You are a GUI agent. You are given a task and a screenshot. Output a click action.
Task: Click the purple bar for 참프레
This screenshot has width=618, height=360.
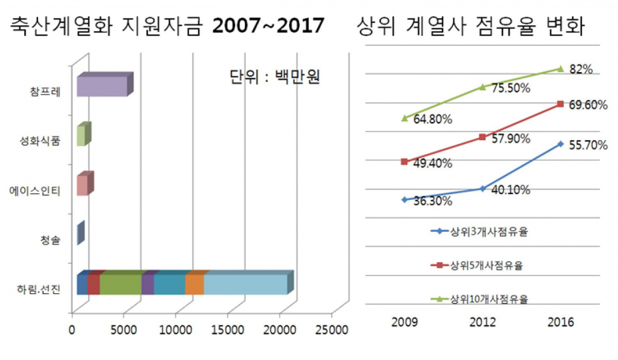click(x=102, y=86)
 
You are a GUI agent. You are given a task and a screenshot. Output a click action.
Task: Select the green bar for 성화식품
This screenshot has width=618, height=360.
click(x=81, y=136)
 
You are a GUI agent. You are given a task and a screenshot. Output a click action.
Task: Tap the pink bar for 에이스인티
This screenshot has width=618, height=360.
click(x=82, y=185)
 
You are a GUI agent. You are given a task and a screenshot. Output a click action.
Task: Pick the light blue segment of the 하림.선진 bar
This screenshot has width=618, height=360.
click(x=245, y=284)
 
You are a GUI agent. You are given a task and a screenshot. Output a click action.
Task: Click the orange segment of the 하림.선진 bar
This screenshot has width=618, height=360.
click(x=194, y=284)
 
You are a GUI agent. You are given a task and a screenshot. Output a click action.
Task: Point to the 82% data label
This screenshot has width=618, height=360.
click(x=581, y=69)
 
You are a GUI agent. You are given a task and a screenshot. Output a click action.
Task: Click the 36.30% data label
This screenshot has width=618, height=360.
click(x=433, y=201)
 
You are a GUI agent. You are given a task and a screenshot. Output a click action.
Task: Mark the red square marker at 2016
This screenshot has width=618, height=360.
click(x=560, y=104)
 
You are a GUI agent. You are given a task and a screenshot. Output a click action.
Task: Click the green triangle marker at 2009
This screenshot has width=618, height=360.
click(x=405, y=118)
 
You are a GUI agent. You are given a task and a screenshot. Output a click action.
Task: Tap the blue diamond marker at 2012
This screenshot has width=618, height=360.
click(x=482, y=188)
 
